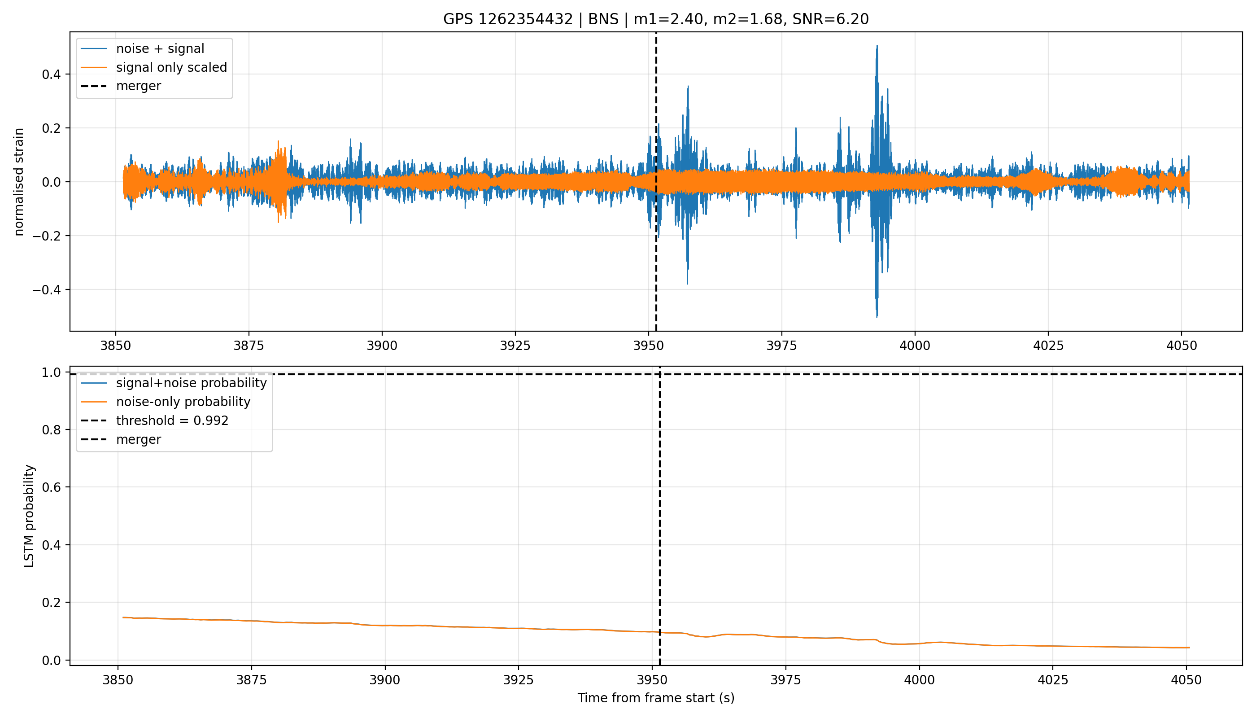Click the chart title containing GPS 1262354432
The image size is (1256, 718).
click(656, 19)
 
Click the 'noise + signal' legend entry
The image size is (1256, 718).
click(160, 48)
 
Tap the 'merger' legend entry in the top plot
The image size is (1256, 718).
click(139, 86)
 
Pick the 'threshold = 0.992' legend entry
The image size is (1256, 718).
click(172, 420)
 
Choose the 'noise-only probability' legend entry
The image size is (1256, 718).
click(183, 402)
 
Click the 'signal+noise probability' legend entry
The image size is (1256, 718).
click(191, 383)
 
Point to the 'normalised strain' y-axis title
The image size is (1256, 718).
click(19, 182)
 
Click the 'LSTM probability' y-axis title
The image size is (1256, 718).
click(29, 516)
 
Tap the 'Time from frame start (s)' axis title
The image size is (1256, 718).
click(656, 698)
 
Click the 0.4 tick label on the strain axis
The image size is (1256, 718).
click(51, 74)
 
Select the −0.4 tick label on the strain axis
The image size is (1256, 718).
click(47, 290)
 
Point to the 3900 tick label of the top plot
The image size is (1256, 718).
click(382, 346)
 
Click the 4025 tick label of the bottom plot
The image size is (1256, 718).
click(1052, 680)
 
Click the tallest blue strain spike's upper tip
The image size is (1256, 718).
click(877, 46)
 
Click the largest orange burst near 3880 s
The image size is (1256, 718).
click(280, 181)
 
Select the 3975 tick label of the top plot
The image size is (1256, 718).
click(781, 346)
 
